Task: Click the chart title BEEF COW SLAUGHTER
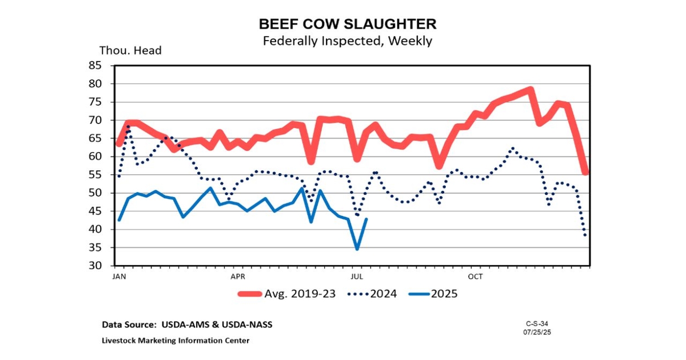347,24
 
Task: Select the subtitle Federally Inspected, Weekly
347,41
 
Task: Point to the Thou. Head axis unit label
130,50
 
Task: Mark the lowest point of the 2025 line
357,249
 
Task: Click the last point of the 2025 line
366,219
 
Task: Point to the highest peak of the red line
531,90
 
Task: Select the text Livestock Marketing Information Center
175,341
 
